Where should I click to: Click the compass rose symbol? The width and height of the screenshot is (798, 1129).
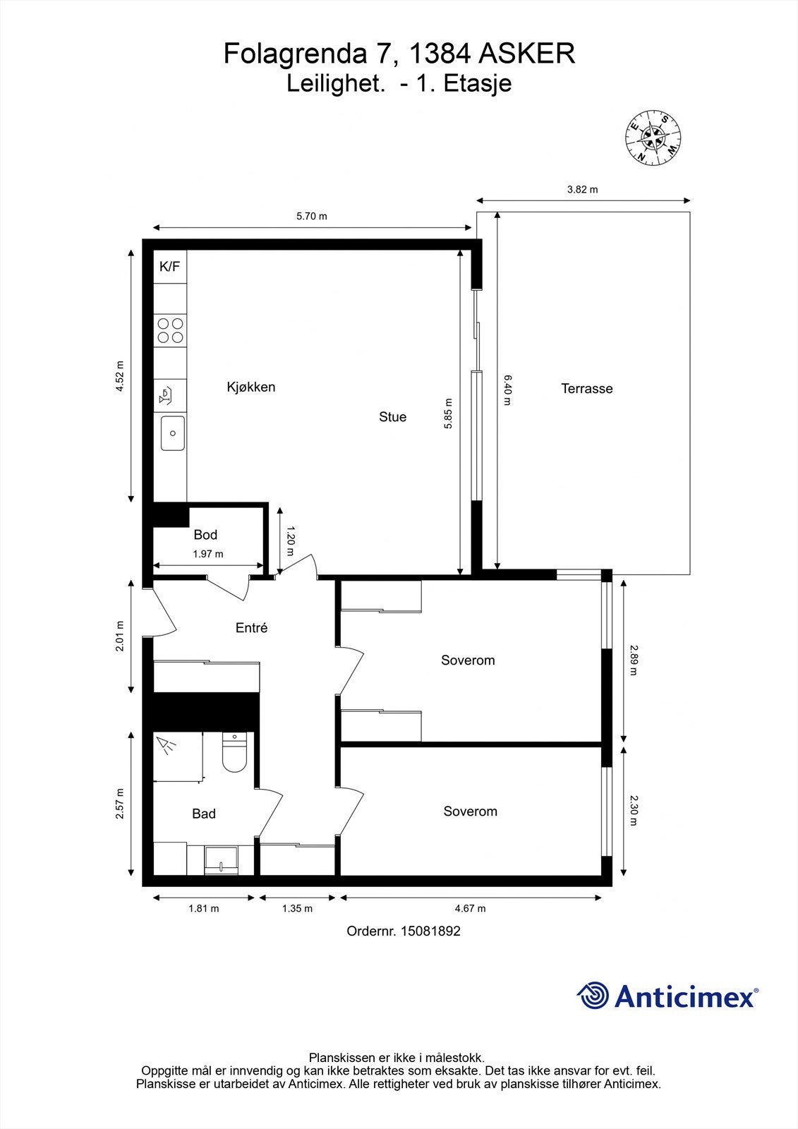[x=653, y=137]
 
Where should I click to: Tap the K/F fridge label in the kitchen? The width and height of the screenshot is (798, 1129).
[x=169, y=267]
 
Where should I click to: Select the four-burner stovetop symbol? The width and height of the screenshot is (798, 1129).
[x=170, y=331]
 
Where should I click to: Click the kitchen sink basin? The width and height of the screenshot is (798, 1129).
[x=172, y=433]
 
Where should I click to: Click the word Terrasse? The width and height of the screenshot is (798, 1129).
[x=587, y=389]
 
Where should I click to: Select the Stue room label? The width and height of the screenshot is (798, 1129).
[x=393, y=417]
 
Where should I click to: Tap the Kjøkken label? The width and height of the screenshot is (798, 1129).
[x=251, y=387]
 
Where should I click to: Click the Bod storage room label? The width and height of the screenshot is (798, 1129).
[x=206, y=535]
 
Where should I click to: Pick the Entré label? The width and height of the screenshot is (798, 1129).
[x=252, y=627]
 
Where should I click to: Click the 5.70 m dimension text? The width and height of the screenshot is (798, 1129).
[x=312, y=216]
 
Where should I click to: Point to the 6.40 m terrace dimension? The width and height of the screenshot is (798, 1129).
[x=507, y=390]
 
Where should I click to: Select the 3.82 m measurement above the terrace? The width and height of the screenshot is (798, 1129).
[x=583, y=190]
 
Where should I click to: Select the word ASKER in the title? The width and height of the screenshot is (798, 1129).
[x=526, y=54]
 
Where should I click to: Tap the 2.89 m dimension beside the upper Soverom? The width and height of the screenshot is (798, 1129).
[x=633, y=660]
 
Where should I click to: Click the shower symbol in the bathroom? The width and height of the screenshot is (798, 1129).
[x=167, y=746]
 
